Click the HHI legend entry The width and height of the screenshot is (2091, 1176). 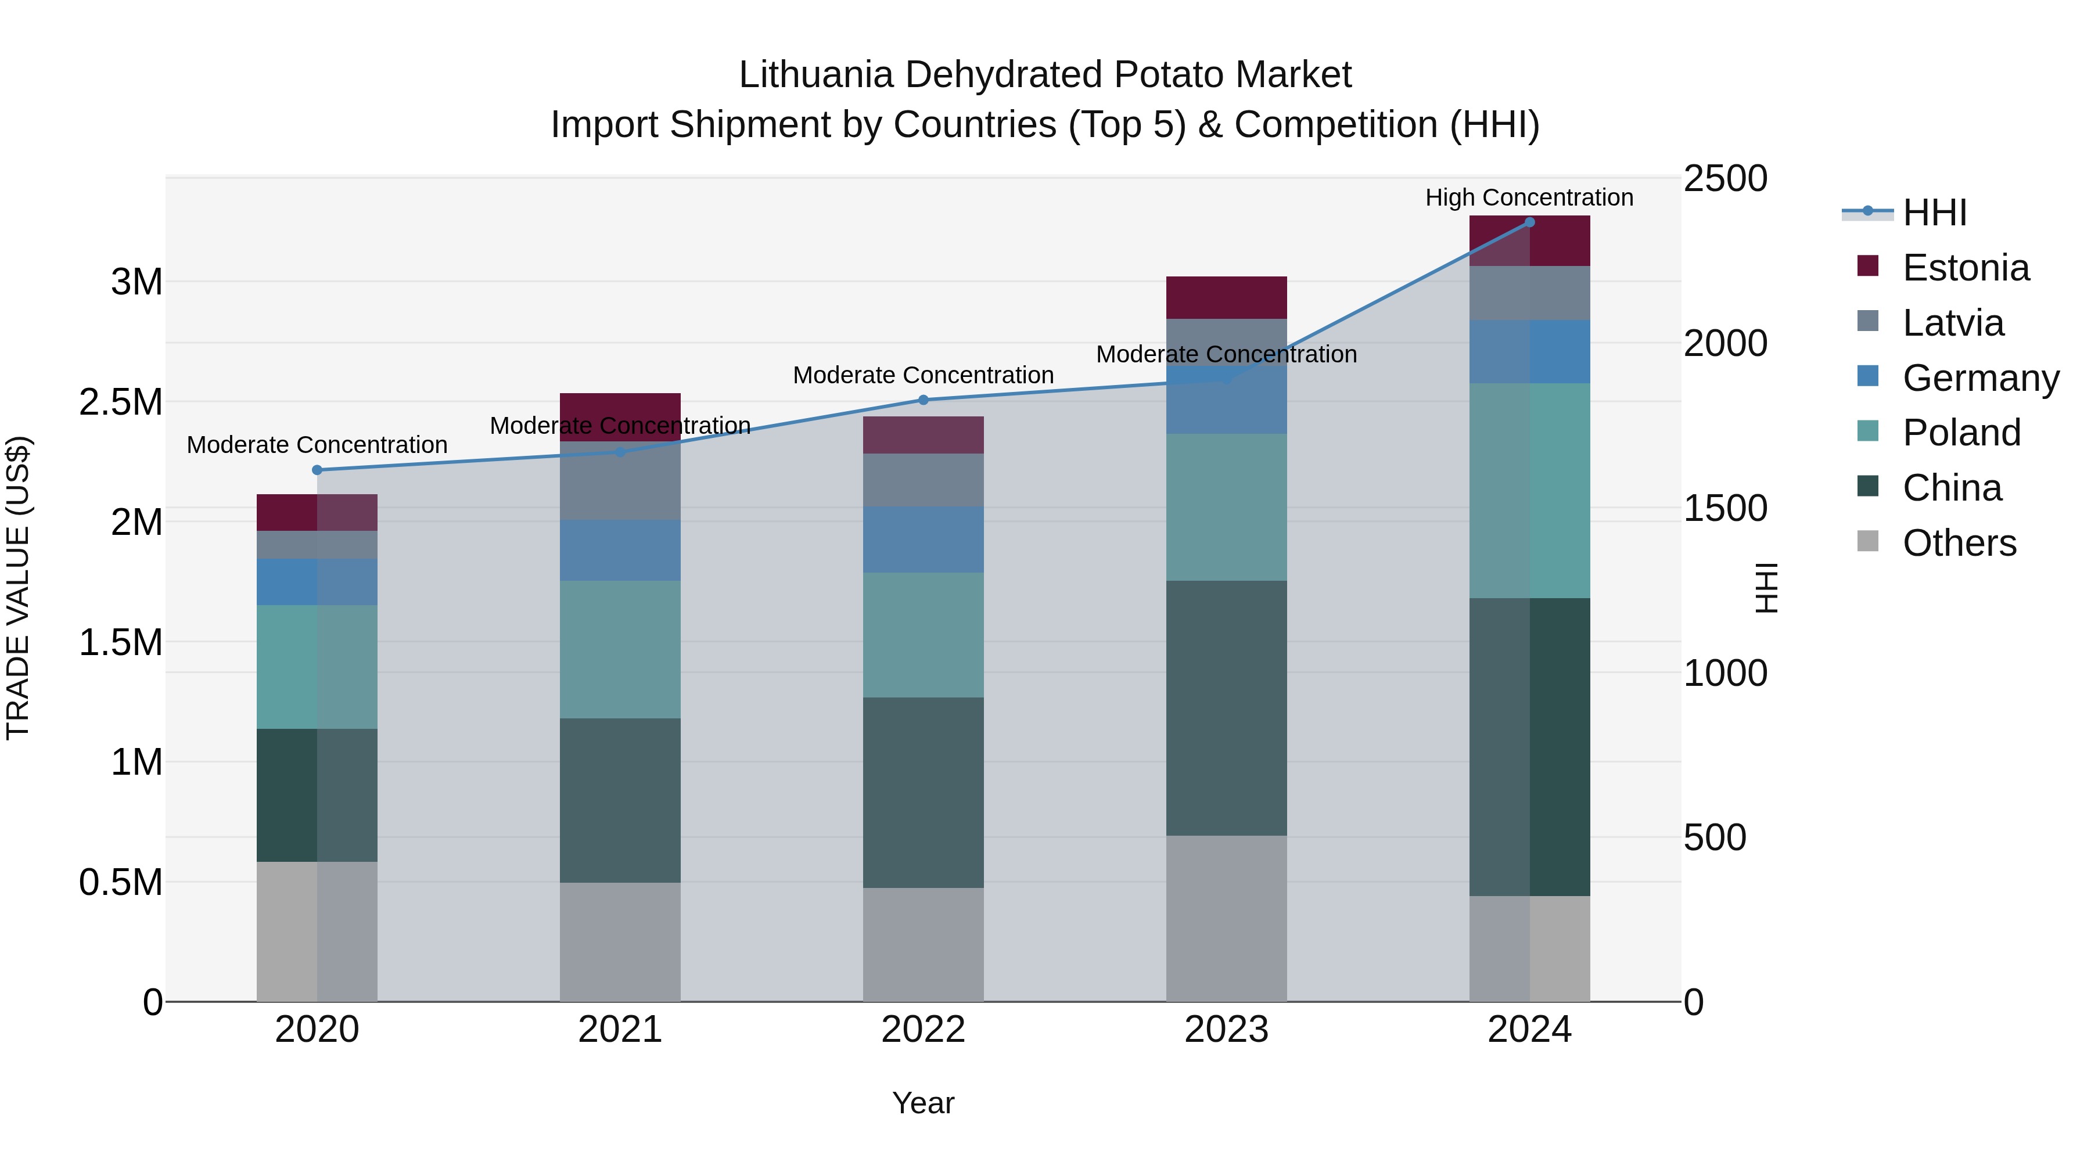click(1934, 213)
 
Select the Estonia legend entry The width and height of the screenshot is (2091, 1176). click(1965, 268)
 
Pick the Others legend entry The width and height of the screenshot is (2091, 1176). click(1959, 543)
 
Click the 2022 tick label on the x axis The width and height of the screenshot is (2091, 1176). click(923, 1030)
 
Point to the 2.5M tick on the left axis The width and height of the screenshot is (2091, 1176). click(121, 402)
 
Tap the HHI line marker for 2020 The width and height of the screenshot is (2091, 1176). click(317, 470)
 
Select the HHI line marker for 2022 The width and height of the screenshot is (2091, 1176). click(923, 400)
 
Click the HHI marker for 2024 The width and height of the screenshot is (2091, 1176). click(1529, 222)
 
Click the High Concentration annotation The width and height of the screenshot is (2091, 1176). click(1529, 198)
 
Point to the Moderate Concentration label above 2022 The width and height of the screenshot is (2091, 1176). click(923, 376)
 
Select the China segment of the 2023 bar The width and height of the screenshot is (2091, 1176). click(1227, 708)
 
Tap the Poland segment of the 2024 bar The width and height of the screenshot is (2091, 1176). click(1529, 491)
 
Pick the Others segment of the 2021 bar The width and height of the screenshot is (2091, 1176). click(620, 941)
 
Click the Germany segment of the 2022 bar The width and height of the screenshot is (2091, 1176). click(923, 540)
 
